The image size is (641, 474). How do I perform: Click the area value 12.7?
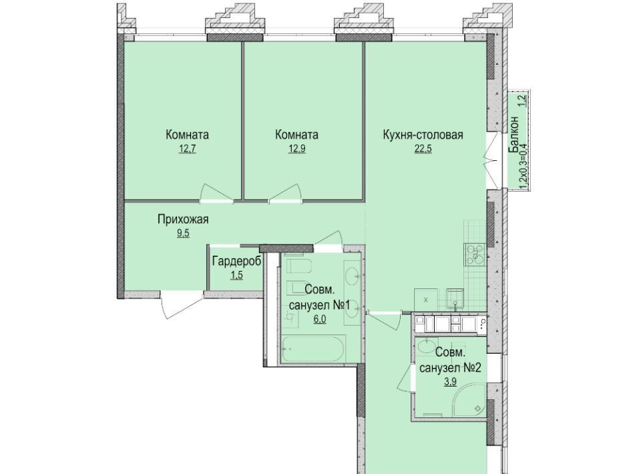coord(187,149)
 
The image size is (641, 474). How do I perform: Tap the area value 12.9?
coord(296,149)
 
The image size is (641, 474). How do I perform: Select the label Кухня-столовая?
coord(423,134)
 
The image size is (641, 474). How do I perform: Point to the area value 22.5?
coord(423,149)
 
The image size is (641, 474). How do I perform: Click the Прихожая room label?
coord(183,220)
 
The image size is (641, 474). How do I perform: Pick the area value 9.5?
coord(183,234)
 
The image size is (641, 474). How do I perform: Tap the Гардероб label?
coord(236,261)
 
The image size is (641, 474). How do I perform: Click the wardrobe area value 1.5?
coord(236,275)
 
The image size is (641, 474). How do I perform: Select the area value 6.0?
coord(320,319)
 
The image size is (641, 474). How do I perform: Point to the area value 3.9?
coord(449,382)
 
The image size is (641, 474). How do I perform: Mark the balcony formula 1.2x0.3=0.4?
coord(523,167)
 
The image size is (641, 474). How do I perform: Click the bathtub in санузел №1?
coord(314,348)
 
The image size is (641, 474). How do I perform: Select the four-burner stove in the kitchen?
coord(475,254)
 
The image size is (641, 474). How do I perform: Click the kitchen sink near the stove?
coord(455,298)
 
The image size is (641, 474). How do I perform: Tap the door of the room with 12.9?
coord(285,194)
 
